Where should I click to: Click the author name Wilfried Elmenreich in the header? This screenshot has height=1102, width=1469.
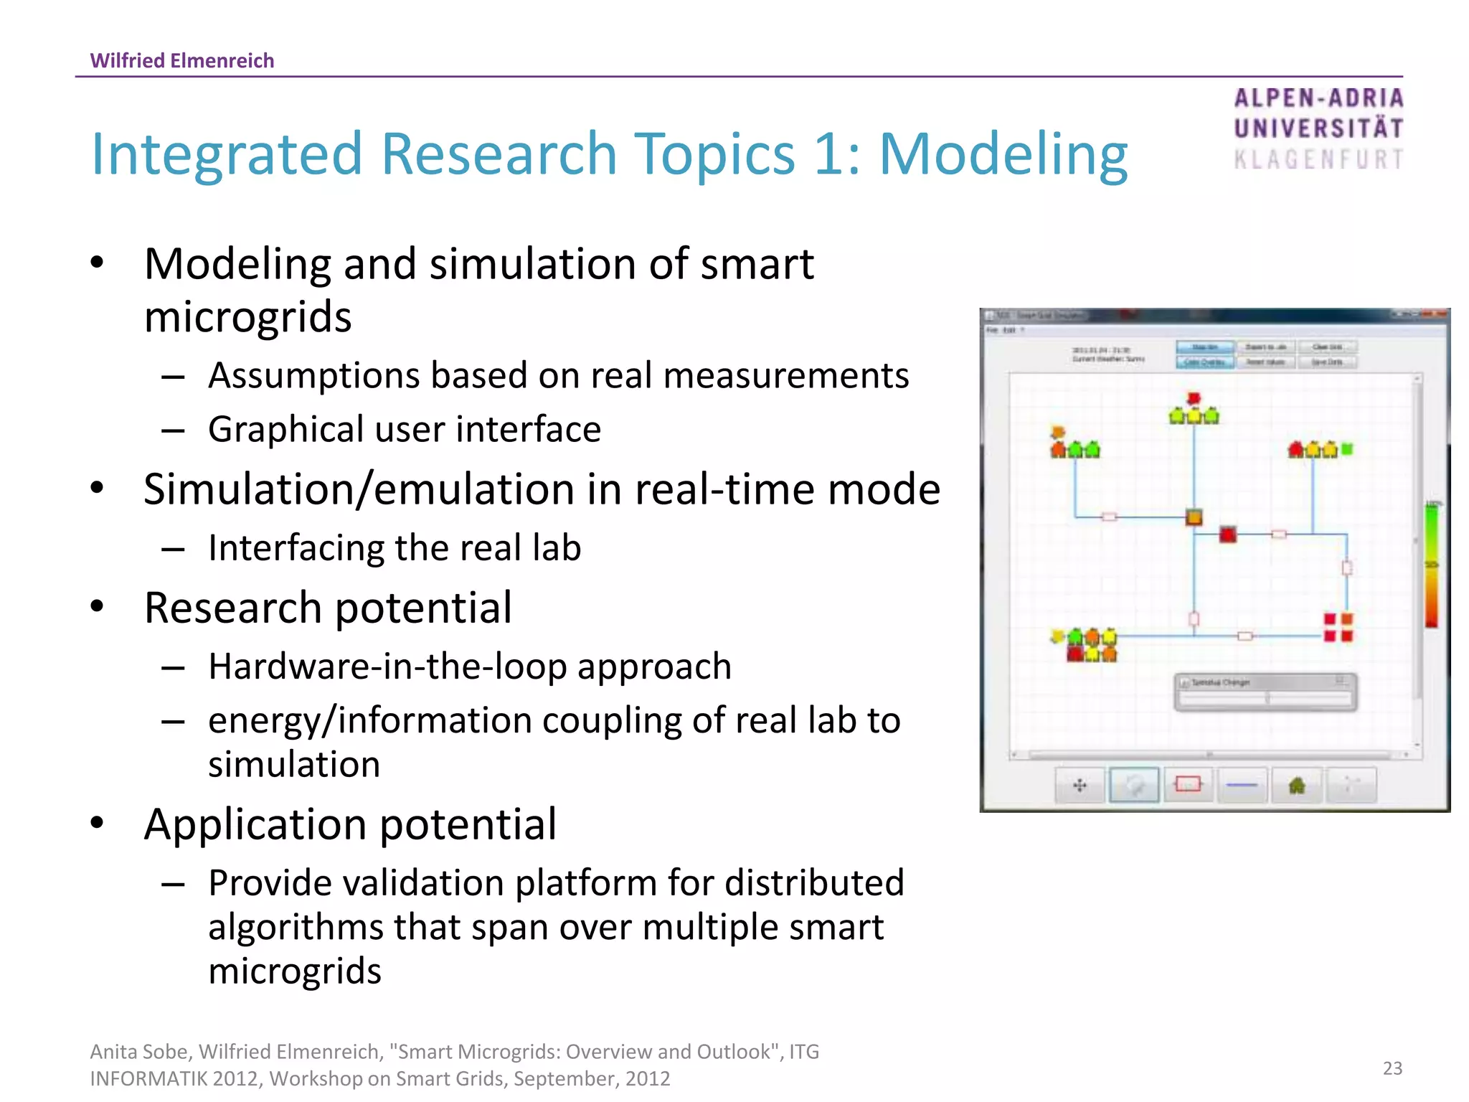pyautogui.click(x=181, y=60)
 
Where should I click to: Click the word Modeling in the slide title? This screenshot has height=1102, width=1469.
pyautogui.click(x=1003, y=154)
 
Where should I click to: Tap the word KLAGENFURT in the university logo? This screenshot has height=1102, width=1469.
pyautogui.click(x=1318, y=159)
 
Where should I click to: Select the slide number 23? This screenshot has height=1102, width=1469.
pyautogui.click(x=1392, y=1068)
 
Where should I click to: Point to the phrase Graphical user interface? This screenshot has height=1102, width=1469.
pyautogui.click(x=404, y=430)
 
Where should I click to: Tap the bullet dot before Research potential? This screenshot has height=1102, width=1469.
pyautogui.click(x=98, y=607)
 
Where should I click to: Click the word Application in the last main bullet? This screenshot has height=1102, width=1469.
pyautogui.click(x=255, y=824)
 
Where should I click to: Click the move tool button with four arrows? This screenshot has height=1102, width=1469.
pyautogui.click(x=1080, y=786)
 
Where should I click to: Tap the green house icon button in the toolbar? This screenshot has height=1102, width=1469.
pyautogui.click(x=1296, y=786)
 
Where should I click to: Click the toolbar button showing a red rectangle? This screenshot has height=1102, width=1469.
pyautogui.click(x=1188, y=785)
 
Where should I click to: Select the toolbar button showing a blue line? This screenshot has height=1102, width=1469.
pyautogui.click(x=1242, y=786)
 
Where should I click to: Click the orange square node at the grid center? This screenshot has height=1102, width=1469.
pyautogui.click(x=1194, y=517)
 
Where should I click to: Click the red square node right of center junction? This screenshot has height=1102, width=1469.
pyautogui.click(x=1228, y=534)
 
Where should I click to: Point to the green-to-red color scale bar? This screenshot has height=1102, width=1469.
pyautogui.click(x=1431, y=565)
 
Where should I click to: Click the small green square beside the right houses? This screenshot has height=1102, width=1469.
pyautogui.click(x=1347, y=449)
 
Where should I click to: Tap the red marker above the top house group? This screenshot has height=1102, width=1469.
pyautogui.click(x=1194, y=398)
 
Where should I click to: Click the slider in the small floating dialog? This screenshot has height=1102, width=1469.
pyautogui.click(x=1266, y=698)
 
